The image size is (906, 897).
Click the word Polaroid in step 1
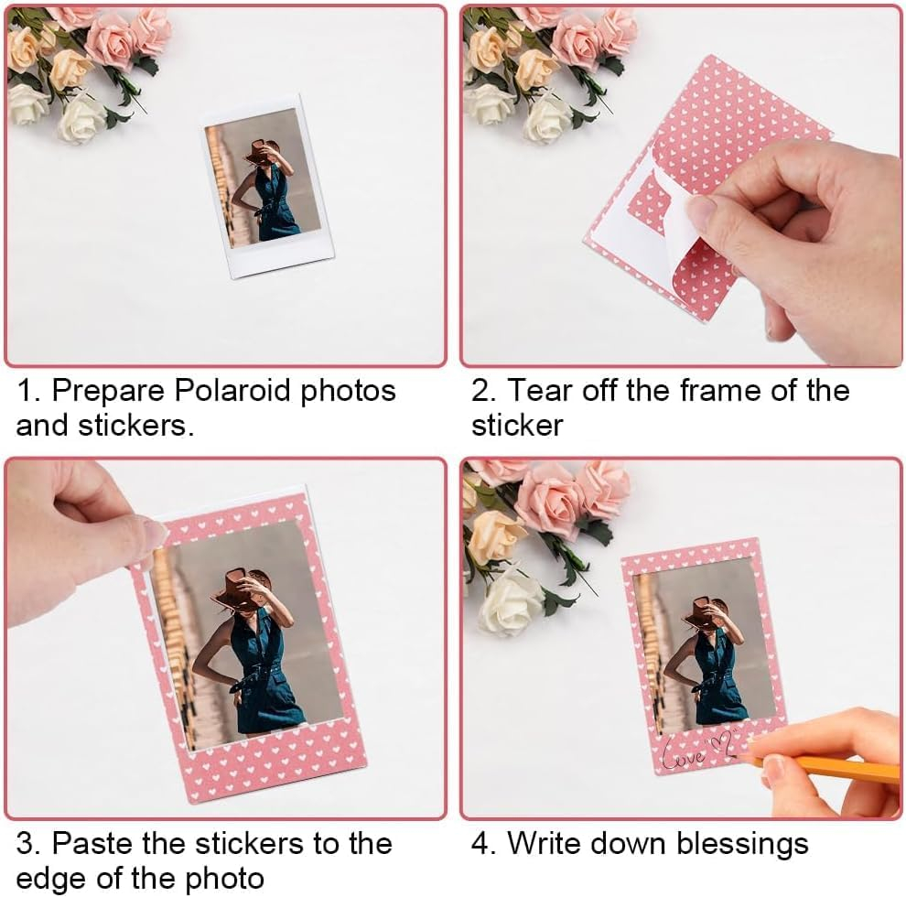pyautogui.click(x=232, y=390)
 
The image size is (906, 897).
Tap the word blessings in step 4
pyautogui.click(x=742, y=845)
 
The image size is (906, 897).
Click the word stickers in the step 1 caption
pyautogui.click(x=131, y=426)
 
